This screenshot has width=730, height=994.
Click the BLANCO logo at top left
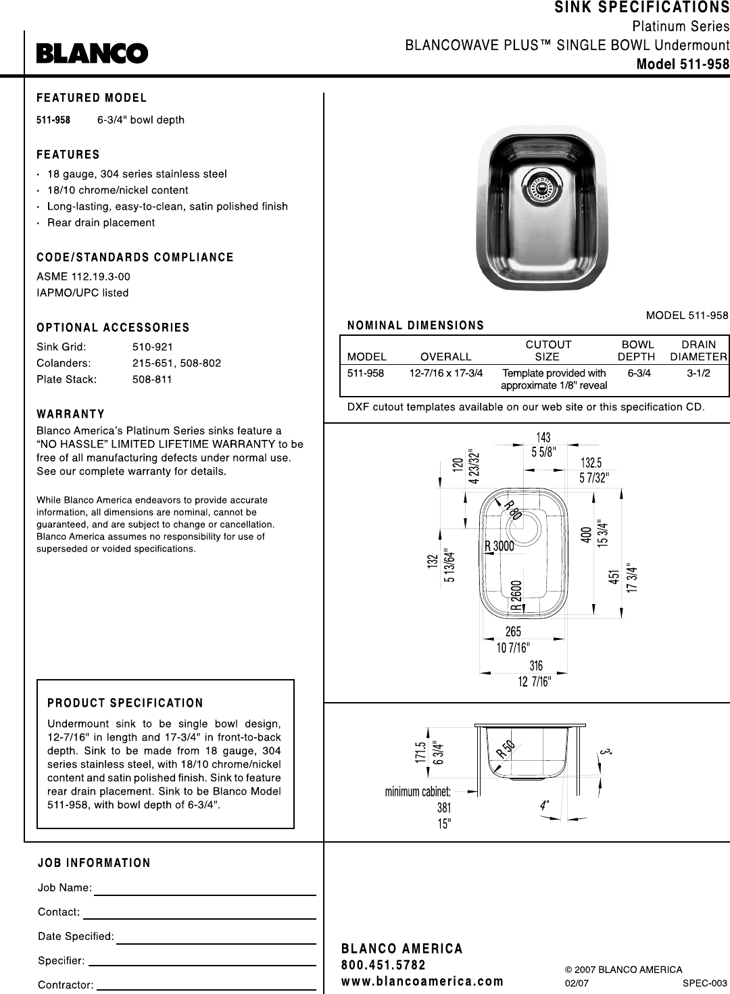tap(92, 53)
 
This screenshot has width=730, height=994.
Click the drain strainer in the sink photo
tap(541, 185)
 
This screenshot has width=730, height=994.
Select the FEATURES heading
tap(68, 155)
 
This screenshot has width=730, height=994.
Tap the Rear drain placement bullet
tap(101, 222)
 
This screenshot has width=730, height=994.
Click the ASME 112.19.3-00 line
tap(83, 276)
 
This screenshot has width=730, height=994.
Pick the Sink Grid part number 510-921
tap(153, 347)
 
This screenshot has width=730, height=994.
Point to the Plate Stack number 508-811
tap(152, 379)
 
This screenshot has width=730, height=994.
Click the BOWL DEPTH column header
tap(637, 350)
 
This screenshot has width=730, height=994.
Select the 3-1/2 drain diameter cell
tap(698, 373)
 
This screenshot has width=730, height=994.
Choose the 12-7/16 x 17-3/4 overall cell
tap(446, 373)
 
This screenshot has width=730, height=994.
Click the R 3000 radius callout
tap(500, 546)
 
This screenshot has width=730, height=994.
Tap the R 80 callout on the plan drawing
tap(513, 510)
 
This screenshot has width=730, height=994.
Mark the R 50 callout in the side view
tap(506, 749)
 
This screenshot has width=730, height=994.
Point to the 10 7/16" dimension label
tap(513, 648)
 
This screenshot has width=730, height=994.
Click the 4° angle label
tap(544, 805)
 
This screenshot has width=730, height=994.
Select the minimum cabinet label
tap(418, 791)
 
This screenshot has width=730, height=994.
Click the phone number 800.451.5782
tap(384, 965)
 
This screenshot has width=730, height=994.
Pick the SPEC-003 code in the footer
tap(705, 983)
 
